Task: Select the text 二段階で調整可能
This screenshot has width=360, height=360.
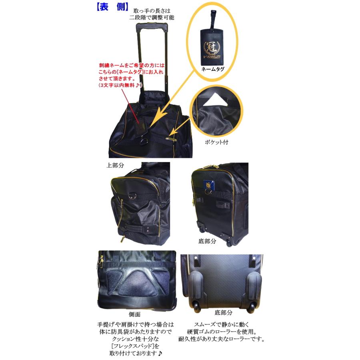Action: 152,18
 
